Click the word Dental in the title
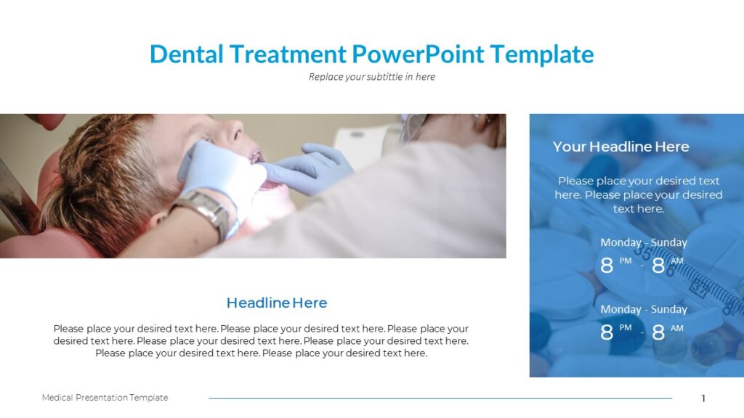point(186,54)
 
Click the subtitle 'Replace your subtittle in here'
point(371,76)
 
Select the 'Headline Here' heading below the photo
point(277,303)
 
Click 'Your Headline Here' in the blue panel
point(620,147)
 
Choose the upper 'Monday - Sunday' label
point(643,242)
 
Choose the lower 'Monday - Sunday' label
point(643,309)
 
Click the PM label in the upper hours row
point(626,261)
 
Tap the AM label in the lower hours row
point(677,328)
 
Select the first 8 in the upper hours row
point(607,266)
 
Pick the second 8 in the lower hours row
point(658,332)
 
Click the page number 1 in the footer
point(703,398)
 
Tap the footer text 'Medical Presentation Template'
point(105,398)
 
